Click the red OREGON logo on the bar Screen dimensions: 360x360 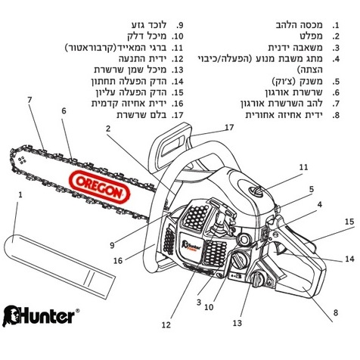pyautogui.click(x=100, y=187)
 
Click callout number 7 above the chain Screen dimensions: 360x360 pyautogui.click(x=29, y=100)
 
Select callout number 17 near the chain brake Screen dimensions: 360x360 pyautogui.click(x=229, y=127)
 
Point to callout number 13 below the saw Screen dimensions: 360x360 pyautogui.click(x=237, y=323)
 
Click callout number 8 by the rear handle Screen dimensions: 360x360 pyautogui.click(x=336, y=312)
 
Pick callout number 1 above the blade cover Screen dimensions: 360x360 pyautogui.click(x=20, y=194)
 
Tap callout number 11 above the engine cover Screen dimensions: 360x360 pyautogui.click(x=303, y=167)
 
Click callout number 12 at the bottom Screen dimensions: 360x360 pyautogui.click(x=166, y=325)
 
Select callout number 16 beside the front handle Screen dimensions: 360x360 pyautogui.click(x=118, y=261)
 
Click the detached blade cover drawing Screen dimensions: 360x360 pyautogui.click(x=60, y=266)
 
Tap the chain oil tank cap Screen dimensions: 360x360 pyautogui.click(x=258, y=279)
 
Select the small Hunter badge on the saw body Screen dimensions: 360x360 pyautogui.click(x=191, y=246)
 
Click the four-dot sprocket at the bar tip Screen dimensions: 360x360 pyautogui.click(x=22, y=160)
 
